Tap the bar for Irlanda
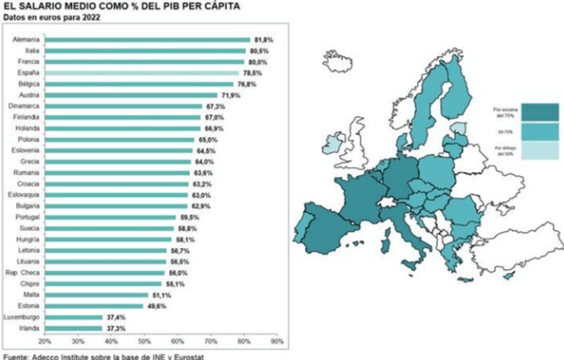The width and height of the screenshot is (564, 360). (74, 328)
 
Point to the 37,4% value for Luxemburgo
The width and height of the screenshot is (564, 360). (116, 317)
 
